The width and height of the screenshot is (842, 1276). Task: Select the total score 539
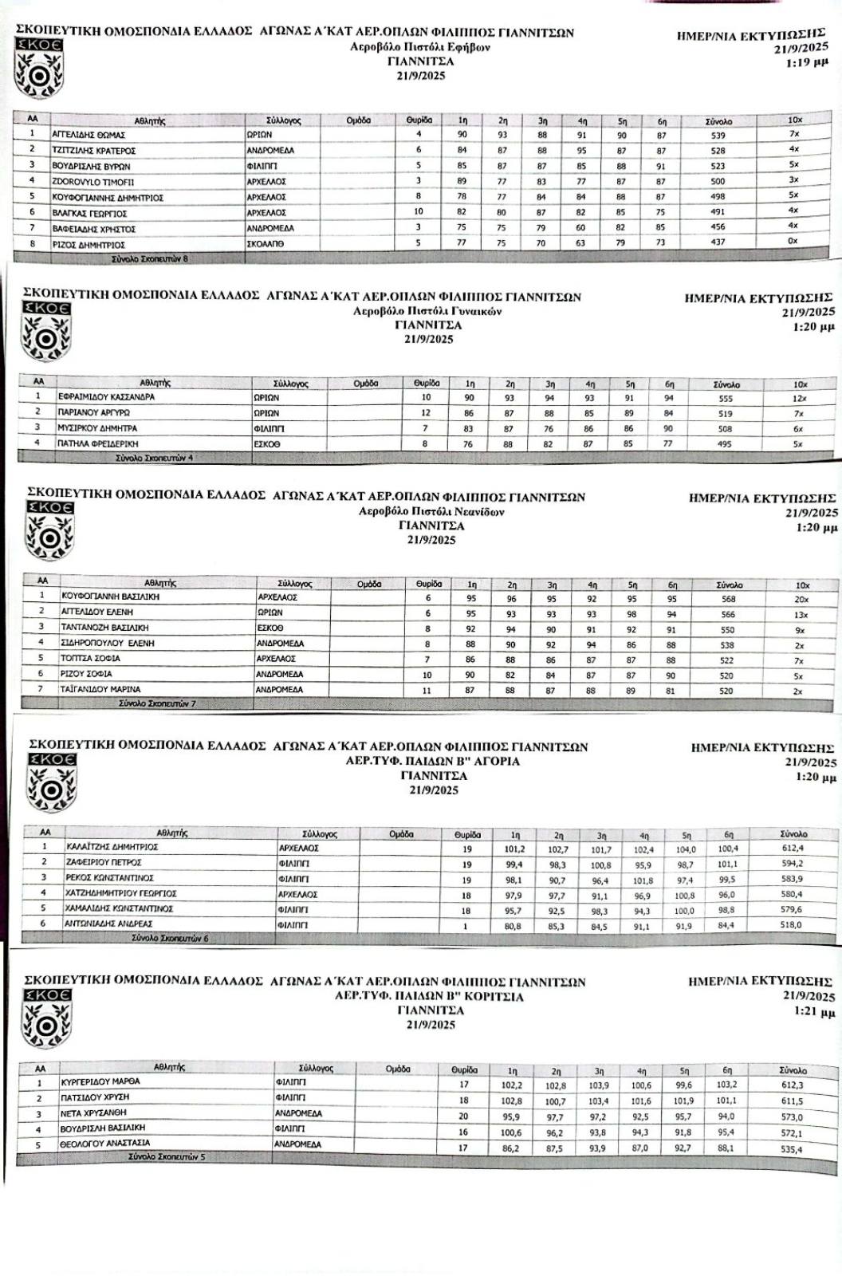[x=718, y=136]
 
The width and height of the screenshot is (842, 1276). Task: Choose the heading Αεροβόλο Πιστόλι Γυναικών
[x=427, y=311]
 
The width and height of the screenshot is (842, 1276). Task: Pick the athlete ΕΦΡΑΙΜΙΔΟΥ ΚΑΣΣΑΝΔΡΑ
[x=106, y=396]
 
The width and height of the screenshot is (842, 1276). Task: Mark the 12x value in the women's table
[x=800, y=398]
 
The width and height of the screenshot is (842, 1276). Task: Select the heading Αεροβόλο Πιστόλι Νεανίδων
[x=431, y=512]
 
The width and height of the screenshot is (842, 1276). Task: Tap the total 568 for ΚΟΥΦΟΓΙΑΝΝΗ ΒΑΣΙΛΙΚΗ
[x=726, y=599]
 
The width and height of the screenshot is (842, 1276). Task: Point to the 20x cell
[x=801, y=599]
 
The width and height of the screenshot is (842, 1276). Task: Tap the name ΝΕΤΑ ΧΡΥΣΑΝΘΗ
[x=93, y=1113]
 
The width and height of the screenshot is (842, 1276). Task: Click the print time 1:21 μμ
[x=815, y=1012]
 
